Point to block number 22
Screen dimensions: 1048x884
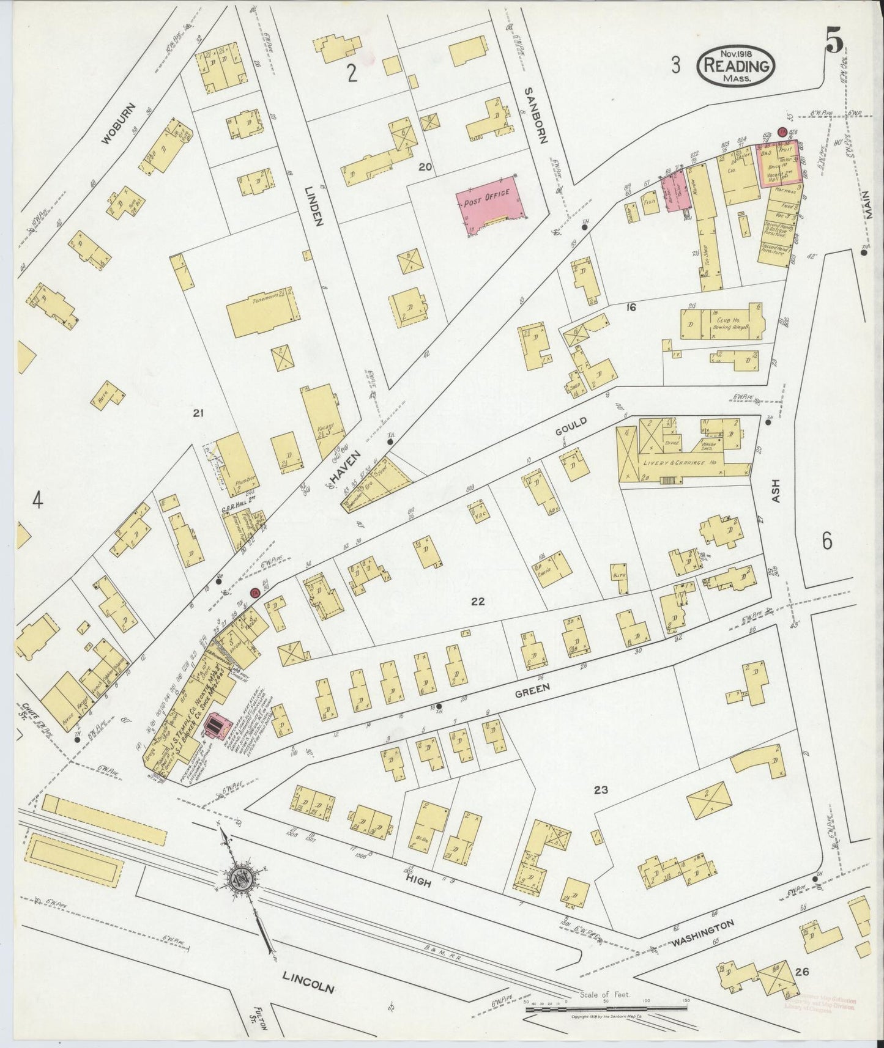(x=478, y=602)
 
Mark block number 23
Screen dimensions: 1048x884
(x=600, y=790)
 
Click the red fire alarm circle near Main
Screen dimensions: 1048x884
(x=781, y=131)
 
